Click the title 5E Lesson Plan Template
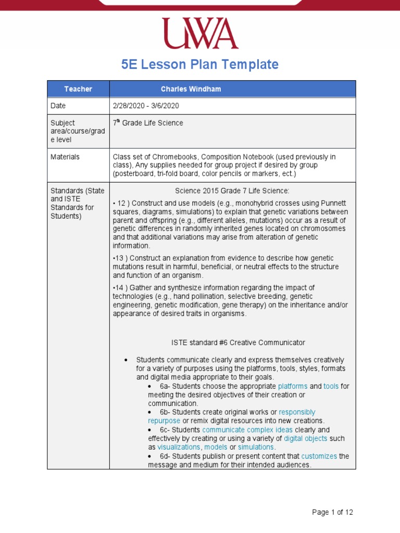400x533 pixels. (200, 65)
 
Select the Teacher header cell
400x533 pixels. (78, 89)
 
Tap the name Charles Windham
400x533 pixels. (191, 89)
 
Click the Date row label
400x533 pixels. (58, 106)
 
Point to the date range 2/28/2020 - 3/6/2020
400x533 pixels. (146, 106)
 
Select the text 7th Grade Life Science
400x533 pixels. (148, 123)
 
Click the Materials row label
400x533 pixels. (65, 157)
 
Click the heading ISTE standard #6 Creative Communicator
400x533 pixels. (238, 342)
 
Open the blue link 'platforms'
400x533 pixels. (293, 386)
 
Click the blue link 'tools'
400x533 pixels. (331, 386)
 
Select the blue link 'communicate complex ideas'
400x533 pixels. (247, 430)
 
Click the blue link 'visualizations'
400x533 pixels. (179, 447)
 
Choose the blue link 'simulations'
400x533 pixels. (256, 447)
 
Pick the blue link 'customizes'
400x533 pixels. (319, 456)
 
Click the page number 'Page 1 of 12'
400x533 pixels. (332, 512)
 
